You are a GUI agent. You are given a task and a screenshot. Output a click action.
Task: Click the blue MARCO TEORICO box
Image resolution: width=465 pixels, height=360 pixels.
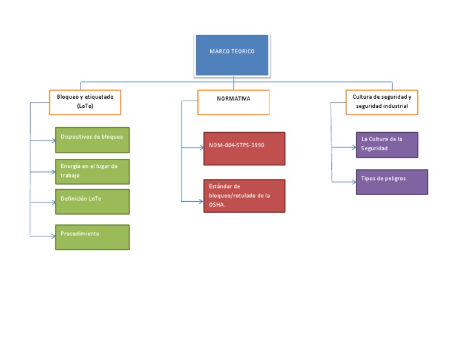(232, 55)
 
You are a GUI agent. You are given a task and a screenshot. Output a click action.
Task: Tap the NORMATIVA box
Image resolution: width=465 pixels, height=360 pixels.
(233, 102)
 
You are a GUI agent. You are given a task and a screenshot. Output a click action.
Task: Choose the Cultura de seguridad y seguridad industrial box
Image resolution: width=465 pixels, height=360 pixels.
(381, 102)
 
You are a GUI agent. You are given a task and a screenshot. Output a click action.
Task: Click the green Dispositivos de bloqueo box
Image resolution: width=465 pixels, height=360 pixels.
(92, 139)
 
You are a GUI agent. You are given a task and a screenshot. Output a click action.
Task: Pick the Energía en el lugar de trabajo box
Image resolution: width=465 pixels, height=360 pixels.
(92, 171)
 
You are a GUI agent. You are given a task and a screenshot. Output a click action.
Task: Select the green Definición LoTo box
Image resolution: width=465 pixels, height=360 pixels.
(92, 202)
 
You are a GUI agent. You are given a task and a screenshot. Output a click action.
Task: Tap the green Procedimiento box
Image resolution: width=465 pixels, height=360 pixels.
(92, 237)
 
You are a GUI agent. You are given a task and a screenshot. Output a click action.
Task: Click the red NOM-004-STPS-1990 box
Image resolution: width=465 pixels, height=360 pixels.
(244, 148)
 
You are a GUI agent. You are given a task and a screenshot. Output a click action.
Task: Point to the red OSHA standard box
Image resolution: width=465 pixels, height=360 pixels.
(244, 195)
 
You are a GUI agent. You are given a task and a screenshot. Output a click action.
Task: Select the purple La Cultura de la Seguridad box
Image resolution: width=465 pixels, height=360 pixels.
(387, 145)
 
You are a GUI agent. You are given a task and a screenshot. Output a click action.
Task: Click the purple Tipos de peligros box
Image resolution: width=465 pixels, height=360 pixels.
(392, 182)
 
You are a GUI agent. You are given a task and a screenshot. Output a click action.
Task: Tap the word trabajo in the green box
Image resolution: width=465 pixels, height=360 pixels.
(70, 175)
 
